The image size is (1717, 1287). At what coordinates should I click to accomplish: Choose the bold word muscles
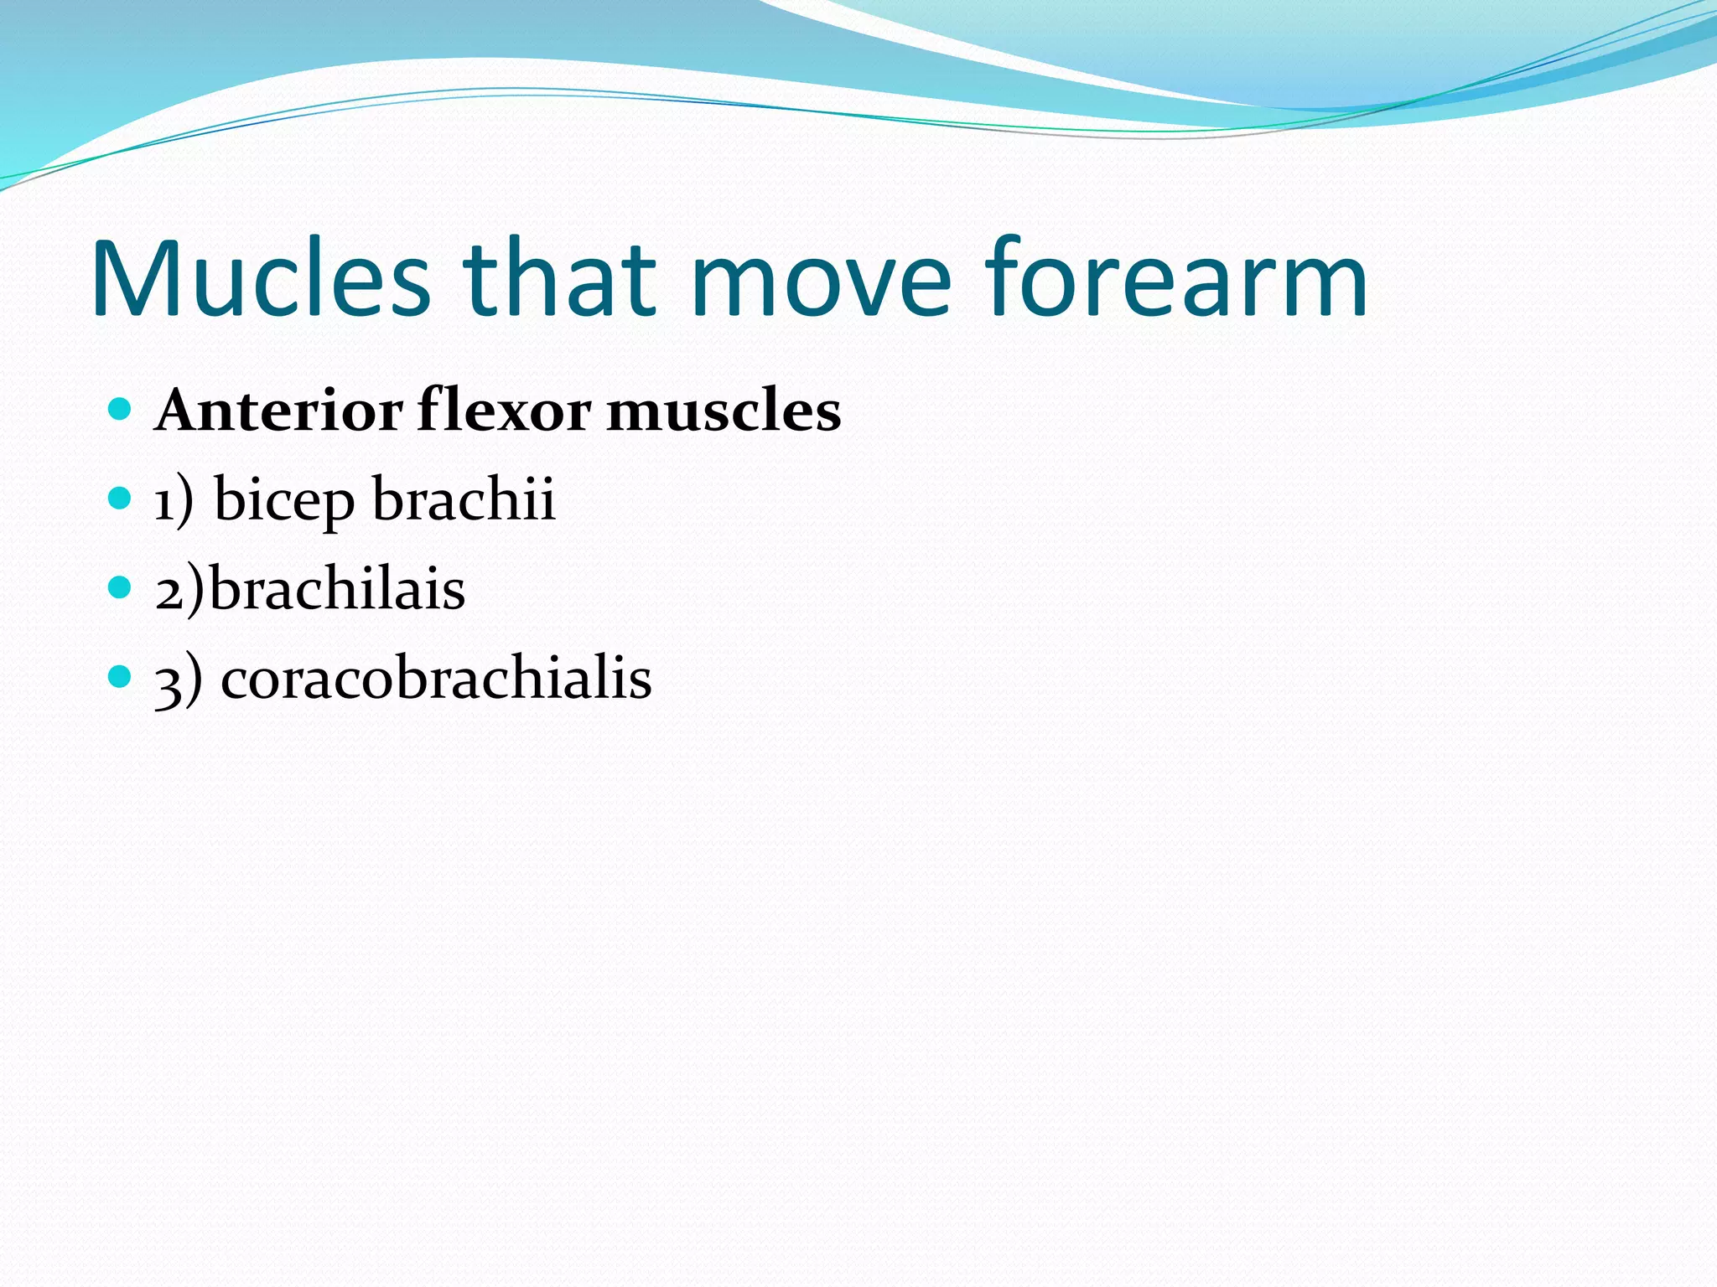(723, 412)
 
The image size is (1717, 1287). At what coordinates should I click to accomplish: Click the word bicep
(284, 501)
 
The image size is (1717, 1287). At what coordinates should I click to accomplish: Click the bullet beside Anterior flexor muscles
(121, 410)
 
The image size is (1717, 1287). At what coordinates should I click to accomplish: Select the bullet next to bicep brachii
(121, 499)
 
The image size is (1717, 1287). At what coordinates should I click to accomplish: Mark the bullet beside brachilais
(121, 587)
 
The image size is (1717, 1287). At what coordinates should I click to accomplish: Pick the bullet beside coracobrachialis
(121, 676)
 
